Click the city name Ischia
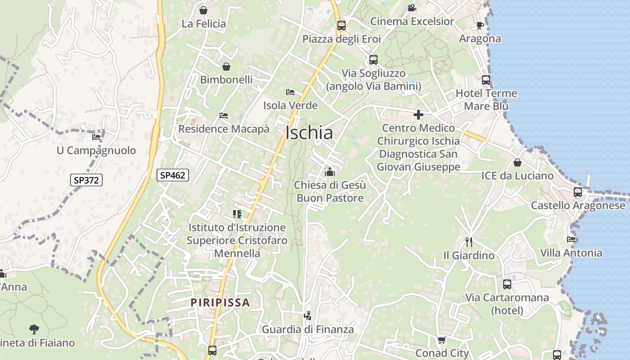pos(310,133)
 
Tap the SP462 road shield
pos(172,175)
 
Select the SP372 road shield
pos(86,180)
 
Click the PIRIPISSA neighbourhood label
pos(220,302)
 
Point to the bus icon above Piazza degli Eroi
pos(342,25)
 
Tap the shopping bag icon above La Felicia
pos(203,10)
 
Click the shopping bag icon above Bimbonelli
pos(226,67)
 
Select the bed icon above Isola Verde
pos(290,92)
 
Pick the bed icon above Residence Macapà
pos(224,116)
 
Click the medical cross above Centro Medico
pos(418,115)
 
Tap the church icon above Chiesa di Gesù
pos(330,171)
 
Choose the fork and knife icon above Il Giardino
pos(469,242)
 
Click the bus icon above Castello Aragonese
pos(578,192)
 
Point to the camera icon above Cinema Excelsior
pos(412,8)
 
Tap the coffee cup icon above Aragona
pos(480,25)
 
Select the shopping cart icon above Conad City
pos(442,340)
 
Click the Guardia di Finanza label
pos(308,329)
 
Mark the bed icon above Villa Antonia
pos(571,239)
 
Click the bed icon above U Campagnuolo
pos(96,137)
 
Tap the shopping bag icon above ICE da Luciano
pos(517,162)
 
